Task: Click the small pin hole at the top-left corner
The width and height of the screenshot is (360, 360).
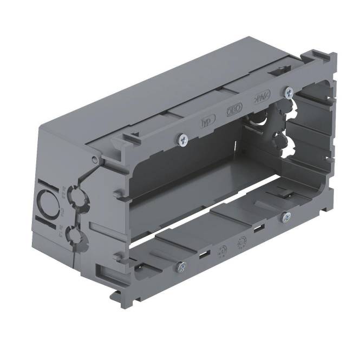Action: pos(95,159)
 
